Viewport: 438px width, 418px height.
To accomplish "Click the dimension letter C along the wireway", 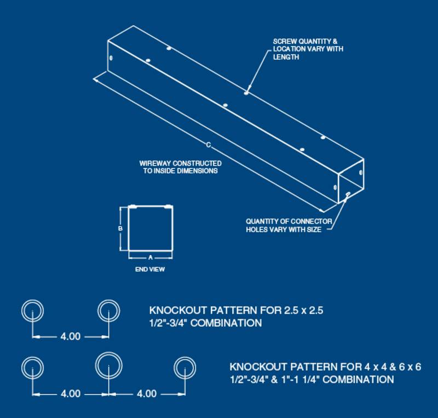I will point(209,145).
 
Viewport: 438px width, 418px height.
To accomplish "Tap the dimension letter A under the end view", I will point(150,257).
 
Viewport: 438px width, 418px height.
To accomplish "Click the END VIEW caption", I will point(150,269).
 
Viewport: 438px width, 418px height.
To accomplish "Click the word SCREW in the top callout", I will point(284,42).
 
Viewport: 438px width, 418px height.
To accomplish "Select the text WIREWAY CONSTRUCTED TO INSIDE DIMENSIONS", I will point(180,167).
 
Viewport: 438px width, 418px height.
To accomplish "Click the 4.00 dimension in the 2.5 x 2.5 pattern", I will point(70,336).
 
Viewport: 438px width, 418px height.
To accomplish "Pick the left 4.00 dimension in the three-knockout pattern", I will point(70,393).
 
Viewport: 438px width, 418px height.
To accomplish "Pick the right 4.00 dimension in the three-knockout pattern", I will point(146,393).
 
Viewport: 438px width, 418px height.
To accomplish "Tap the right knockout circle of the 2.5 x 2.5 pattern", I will point(108,310).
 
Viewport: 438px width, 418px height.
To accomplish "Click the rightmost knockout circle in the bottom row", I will point(185,367).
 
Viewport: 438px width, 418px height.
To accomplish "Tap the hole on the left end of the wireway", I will point(111,58).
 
